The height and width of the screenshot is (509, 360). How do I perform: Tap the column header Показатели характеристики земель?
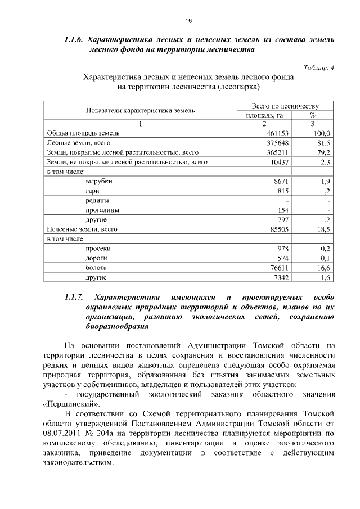click(140, 110)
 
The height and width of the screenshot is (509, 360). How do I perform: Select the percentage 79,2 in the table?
click(323, 152)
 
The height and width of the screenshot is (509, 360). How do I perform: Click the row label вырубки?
click(98, 181)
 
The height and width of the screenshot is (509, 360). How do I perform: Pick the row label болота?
click(96, 268)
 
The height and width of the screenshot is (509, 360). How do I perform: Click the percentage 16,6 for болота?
click(323, 268)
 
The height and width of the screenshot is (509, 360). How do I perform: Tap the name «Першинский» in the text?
click(71, 404)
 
